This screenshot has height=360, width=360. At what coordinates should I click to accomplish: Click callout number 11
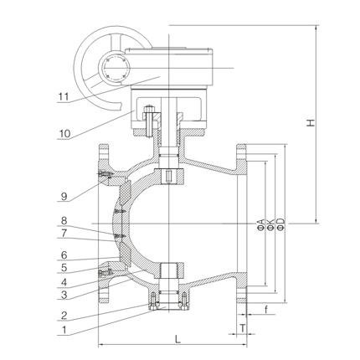[64, 97]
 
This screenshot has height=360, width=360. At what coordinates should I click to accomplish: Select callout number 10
[64, 134]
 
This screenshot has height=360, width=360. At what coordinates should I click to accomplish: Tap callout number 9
[64, 197]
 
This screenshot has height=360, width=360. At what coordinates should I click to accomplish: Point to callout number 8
[64, 221]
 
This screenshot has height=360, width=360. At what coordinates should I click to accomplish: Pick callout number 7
[64, 234]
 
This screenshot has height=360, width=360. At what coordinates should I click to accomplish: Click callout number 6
[64, 255]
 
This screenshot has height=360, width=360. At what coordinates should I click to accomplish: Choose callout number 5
[64, 268]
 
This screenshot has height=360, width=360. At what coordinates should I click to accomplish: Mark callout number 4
[64, 282]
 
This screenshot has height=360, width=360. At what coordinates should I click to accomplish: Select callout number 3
[64, 295]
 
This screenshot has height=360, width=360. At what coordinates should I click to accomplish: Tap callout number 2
[64, 316]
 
